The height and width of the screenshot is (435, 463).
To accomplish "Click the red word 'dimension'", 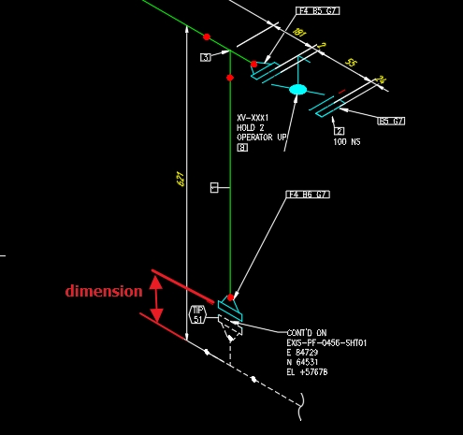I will click(x=104, y=291).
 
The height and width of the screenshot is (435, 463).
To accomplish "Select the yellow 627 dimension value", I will click(x=181, y=178).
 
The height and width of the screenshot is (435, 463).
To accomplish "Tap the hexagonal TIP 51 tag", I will click(x=198, y=314).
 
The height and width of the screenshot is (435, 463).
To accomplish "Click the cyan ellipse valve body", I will click(x=297, y=90).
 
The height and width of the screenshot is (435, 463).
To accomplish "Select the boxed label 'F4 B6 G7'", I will click(x=308, y=195).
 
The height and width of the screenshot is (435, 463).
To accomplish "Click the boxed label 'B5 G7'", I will click(x=390, y=121).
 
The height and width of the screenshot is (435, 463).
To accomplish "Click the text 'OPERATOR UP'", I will click(x=262, y=138).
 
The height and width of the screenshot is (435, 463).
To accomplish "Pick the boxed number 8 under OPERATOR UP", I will click(x=242, y=148).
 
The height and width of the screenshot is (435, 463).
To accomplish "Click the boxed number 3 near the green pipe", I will click(x=205, y=58).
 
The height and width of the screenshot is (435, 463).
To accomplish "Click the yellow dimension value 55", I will click(x=351, y=62).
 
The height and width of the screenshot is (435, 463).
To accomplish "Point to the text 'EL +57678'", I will click(x=307, y=372).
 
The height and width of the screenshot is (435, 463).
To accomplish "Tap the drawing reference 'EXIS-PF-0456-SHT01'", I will click(x=326, y=343).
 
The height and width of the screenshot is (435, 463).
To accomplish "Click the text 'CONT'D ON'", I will click(x=306, y=333).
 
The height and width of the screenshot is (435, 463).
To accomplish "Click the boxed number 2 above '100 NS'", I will click(x=340, y=131).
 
